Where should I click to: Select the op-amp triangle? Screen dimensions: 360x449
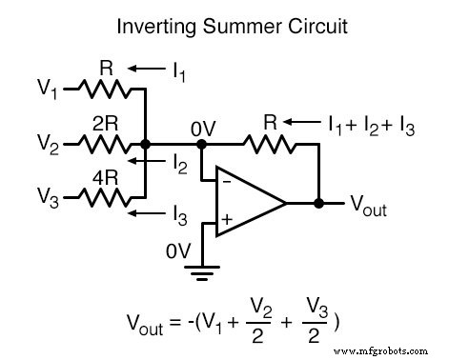246,203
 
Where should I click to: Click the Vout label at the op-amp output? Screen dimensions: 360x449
370,207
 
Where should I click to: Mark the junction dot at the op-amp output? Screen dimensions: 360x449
318,203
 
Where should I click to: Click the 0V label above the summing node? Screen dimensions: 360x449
202,125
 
